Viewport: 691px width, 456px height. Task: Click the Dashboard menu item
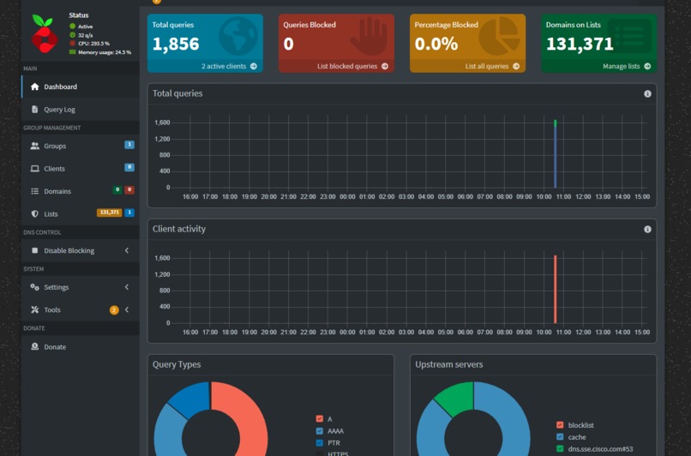pos(60,87)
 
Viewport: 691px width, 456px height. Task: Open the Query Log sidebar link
pos(59,110)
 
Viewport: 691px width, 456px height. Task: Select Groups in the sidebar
pos(55,147)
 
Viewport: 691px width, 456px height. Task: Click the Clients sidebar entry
pos(54,169)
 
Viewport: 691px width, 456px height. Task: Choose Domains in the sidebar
pos(57,191)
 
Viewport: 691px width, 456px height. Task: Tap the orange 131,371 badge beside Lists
pos(109,213)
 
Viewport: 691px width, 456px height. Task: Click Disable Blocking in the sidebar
pos(69,251)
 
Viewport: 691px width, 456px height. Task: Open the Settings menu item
pos(56,287)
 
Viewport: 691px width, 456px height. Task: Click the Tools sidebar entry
pos(52,310)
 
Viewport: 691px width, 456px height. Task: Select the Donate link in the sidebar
pos(55,347)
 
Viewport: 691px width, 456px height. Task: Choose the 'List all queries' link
pos(487,66)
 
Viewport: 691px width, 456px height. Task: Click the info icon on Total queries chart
pos(647,93)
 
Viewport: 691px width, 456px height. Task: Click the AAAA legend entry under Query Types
pos(334,431)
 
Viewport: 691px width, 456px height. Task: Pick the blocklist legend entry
pos(580,425)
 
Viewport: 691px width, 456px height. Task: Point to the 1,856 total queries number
pos(176,44)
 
